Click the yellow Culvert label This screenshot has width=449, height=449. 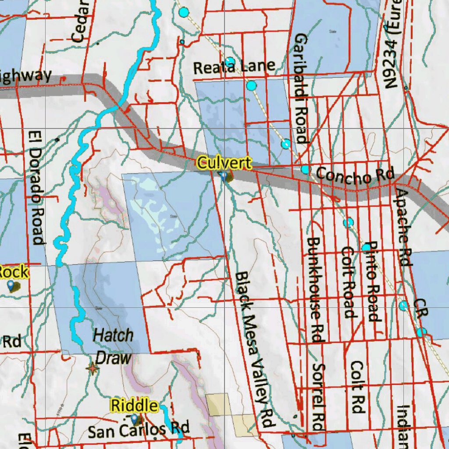tap(224, 163)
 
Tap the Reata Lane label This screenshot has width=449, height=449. tap(234, 67)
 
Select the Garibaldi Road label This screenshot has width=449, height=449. tap(301, 89)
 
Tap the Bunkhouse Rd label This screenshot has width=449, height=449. tap(315, 289)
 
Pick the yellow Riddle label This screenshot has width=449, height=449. tap(134, 406)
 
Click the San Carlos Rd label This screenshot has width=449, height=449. tap(139, 428)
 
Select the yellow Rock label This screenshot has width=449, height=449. tap(13, 272)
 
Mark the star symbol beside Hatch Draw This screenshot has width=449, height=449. tap(92, 368)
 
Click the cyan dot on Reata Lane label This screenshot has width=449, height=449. tap(230, 62)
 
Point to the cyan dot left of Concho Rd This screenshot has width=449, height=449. tap(305, 170)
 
